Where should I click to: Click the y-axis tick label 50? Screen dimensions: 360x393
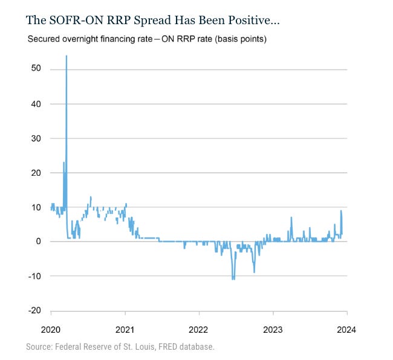[36, 69]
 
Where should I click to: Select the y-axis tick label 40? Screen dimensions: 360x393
[36, 103]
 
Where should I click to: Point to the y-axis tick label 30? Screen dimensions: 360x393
[36, 138]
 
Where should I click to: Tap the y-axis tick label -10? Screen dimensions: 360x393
[35, 276]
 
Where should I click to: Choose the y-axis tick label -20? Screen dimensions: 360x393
[35, 310]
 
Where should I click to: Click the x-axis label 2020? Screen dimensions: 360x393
[51, 330]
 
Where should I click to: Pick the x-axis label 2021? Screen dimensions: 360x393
[125, 330]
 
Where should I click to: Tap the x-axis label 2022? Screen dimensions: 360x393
[199, 330]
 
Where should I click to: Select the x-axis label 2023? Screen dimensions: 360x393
[273, 330]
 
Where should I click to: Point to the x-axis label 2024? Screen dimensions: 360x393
[346, 330]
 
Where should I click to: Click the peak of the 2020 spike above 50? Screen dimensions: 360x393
[66, 56]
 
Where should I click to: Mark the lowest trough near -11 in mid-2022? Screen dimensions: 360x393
[233, 278]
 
